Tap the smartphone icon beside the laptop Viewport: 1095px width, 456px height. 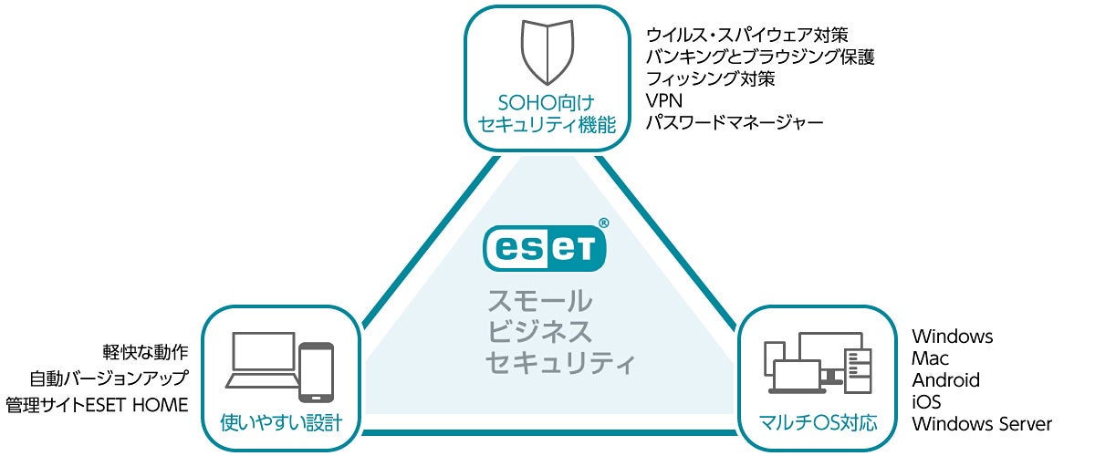click(316, 371)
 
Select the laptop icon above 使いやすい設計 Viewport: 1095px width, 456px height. click(264, 361)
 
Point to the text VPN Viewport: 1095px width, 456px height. click(663, 100)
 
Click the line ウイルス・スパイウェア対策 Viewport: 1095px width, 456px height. click(747, 35)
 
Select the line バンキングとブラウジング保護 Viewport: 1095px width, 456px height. click(760, 57)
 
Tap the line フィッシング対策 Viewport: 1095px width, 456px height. click(710, 78)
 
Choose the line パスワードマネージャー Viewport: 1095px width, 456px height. click(735, 122)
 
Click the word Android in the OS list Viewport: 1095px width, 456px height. click(945, 380)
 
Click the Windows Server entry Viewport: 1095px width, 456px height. click(982, 424)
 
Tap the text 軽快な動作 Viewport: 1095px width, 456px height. click(146, 351)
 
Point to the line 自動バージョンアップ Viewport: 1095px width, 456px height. click(109, 378)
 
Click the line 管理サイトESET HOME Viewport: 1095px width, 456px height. click(96, 404)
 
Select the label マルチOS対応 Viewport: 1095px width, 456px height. click(818, 423)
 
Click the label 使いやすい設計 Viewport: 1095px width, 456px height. click(280, 423)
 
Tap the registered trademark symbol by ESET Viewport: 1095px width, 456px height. click(603, 222)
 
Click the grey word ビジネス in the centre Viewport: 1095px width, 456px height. click(539, 331)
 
